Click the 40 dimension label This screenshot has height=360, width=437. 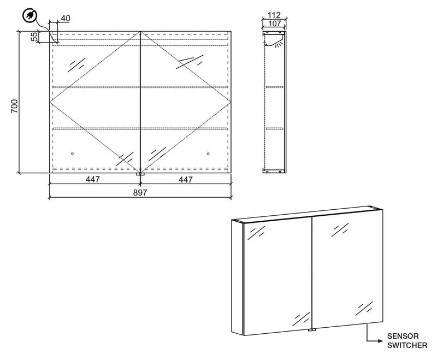click(x=65, y=19)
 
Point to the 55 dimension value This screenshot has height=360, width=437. click(x=34, y=37)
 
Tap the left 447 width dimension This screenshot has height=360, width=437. click(x=91, y=180)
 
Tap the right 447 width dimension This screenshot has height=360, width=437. click(x=186, y=180)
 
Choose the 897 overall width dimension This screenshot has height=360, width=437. click(x=140, y=192)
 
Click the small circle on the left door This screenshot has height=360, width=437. click(x=73, y=154)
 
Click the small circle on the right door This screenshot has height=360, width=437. click(x=209, y=154)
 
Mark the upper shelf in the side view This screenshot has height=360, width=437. click(x=274, y=86)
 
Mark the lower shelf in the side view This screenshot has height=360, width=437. click(x=274, y=128)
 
